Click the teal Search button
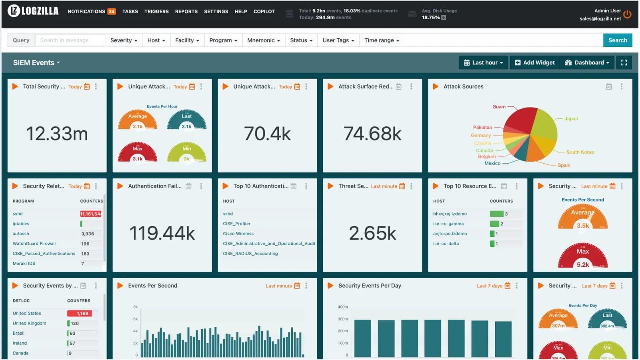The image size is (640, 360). point(617,40)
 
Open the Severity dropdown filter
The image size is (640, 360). point(124,40)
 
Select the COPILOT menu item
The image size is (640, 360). point(264,12)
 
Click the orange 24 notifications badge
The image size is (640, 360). point(112,12)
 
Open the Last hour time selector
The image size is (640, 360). point(483,63)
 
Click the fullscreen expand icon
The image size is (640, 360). point(624,63)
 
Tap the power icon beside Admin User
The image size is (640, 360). point(627,14)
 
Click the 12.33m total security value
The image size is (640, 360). point(57,134)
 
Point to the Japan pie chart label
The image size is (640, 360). point(571,119)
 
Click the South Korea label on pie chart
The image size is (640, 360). point(580,152)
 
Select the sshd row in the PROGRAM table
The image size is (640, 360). point(18,214)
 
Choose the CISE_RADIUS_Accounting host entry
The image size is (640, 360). point(250,254)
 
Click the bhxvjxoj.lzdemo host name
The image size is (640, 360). point(450,214)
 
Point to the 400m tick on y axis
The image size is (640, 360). point(343,307)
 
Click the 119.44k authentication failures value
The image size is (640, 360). point(162,233)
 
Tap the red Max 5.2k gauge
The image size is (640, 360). point(582,256)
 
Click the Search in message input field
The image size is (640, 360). point(70,40)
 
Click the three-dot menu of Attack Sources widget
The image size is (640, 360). point(621,86)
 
